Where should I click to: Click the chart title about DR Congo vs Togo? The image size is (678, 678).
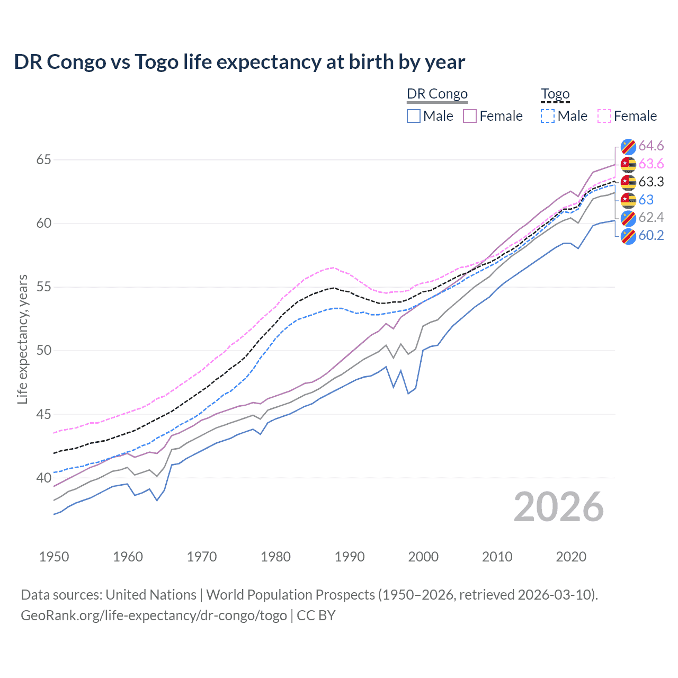(239, 62)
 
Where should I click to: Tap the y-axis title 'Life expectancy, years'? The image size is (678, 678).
(22, 339)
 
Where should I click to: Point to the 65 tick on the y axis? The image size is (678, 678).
(43, 159)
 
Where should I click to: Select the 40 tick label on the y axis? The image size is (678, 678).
(43, 478)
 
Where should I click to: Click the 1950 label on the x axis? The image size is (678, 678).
(54, 557)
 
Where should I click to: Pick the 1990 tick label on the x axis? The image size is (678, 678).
(350, 557)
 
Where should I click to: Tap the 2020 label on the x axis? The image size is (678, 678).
(571, 557)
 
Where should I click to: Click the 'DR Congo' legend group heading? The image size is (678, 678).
(437, 94)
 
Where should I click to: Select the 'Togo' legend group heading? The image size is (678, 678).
(555, 94)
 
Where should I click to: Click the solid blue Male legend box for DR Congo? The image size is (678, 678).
(414, 116)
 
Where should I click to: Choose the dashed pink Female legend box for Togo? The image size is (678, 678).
(604, 116)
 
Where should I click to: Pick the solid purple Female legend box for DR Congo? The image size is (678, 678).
(470, 116)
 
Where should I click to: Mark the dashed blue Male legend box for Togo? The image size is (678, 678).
(548, 116)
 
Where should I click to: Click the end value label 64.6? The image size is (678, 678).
(651, 146)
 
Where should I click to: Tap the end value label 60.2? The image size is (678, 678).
(651, 235)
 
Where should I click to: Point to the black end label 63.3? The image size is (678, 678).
(651, 182)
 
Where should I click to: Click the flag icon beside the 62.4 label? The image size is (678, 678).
(628, 218)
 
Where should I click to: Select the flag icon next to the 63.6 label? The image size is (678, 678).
(628, 164)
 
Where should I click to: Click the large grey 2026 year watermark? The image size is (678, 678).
(559, 507)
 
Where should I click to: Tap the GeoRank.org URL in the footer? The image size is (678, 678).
(154, 615)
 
